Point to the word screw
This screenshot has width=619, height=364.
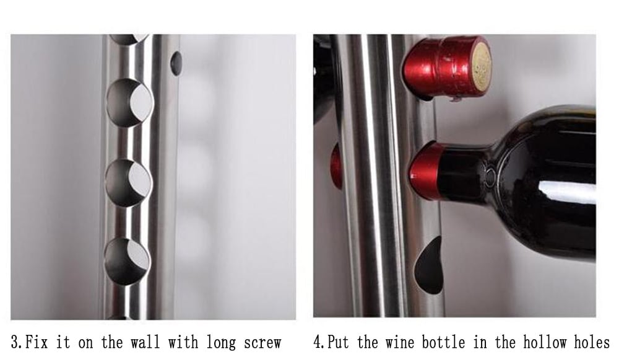263,342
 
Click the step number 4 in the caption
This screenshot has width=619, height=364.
318,342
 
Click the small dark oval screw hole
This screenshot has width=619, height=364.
176,63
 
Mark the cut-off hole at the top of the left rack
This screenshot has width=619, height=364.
129,38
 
